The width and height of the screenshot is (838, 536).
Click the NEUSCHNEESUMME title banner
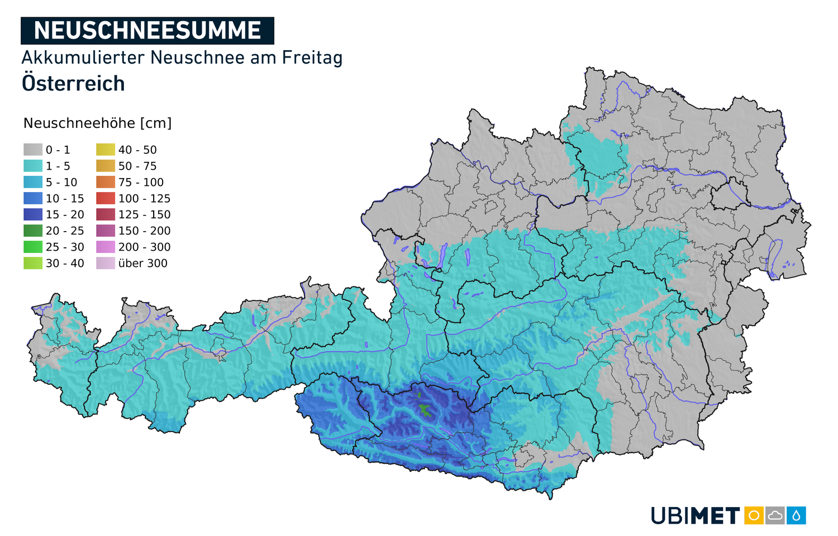[147, 31]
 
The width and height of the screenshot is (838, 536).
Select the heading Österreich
[73, 84]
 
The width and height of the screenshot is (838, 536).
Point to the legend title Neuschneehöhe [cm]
[97, 123]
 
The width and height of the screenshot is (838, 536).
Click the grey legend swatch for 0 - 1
[33, 150]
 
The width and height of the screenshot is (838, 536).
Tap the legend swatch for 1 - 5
[33, 166]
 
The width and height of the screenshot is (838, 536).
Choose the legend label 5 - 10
[61, 183]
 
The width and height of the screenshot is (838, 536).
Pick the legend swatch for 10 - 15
[33, 198]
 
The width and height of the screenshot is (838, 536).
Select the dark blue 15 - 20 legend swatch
[33, 214]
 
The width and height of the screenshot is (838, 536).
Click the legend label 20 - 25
[65, 231]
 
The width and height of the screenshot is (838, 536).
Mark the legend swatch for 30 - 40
[33, 263]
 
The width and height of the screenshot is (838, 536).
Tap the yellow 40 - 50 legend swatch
[106, 150]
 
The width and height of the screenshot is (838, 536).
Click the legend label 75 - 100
[141, 183]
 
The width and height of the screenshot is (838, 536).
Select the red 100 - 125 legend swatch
[106, 198]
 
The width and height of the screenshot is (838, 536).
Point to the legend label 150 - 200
[144, 231]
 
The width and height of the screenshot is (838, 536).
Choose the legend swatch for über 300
[106, 263]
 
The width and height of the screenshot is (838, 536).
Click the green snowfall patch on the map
[425, 409]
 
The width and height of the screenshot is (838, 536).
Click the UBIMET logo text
[696, 516]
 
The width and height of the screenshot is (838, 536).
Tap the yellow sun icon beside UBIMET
[754, 515]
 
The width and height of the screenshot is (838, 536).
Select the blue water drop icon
[796, 515]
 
